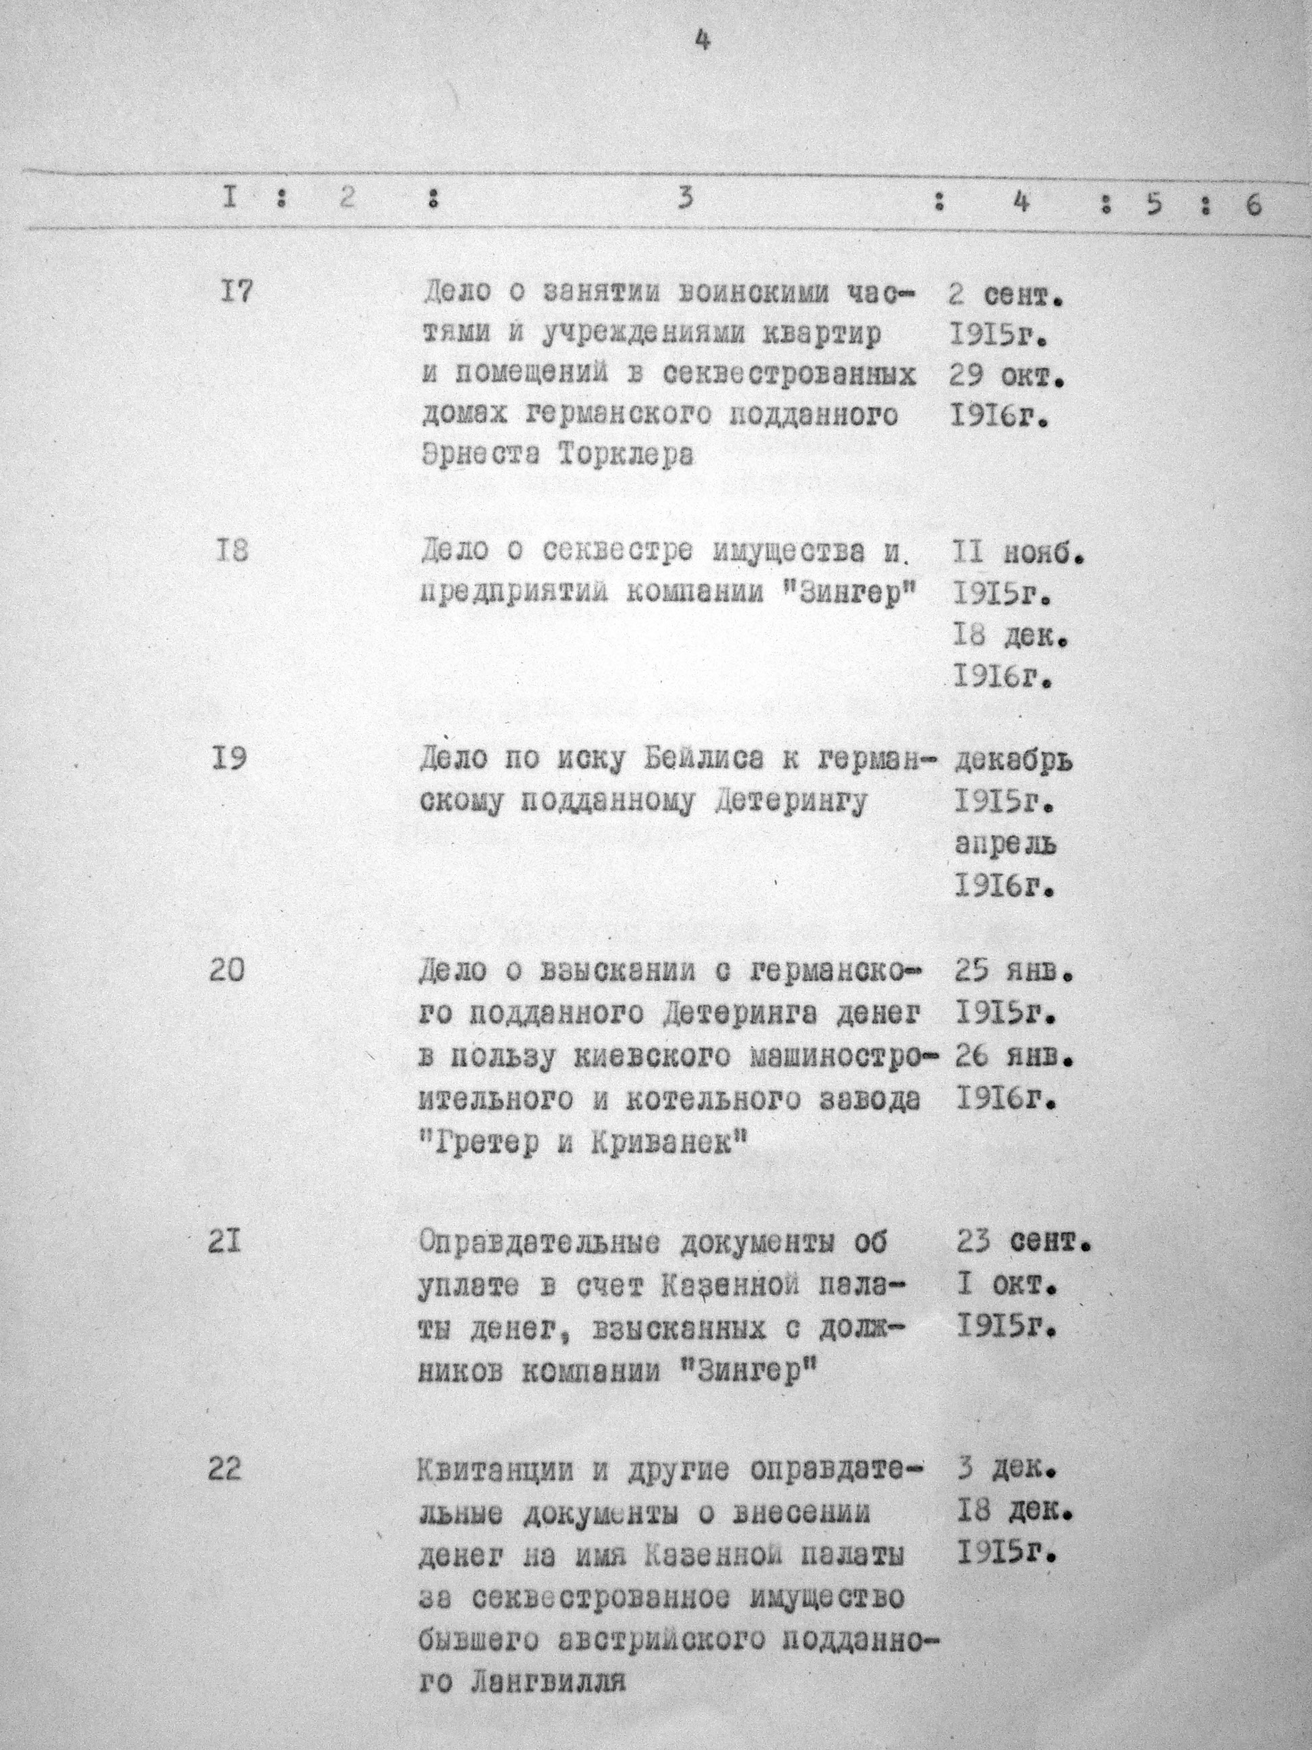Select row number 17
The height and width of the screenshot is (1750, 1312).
pos(235,292)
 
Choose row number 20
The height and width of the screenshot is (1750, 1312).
pos(227,970)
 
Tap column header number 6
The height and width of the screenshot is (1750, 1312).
pos(1253,206)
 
